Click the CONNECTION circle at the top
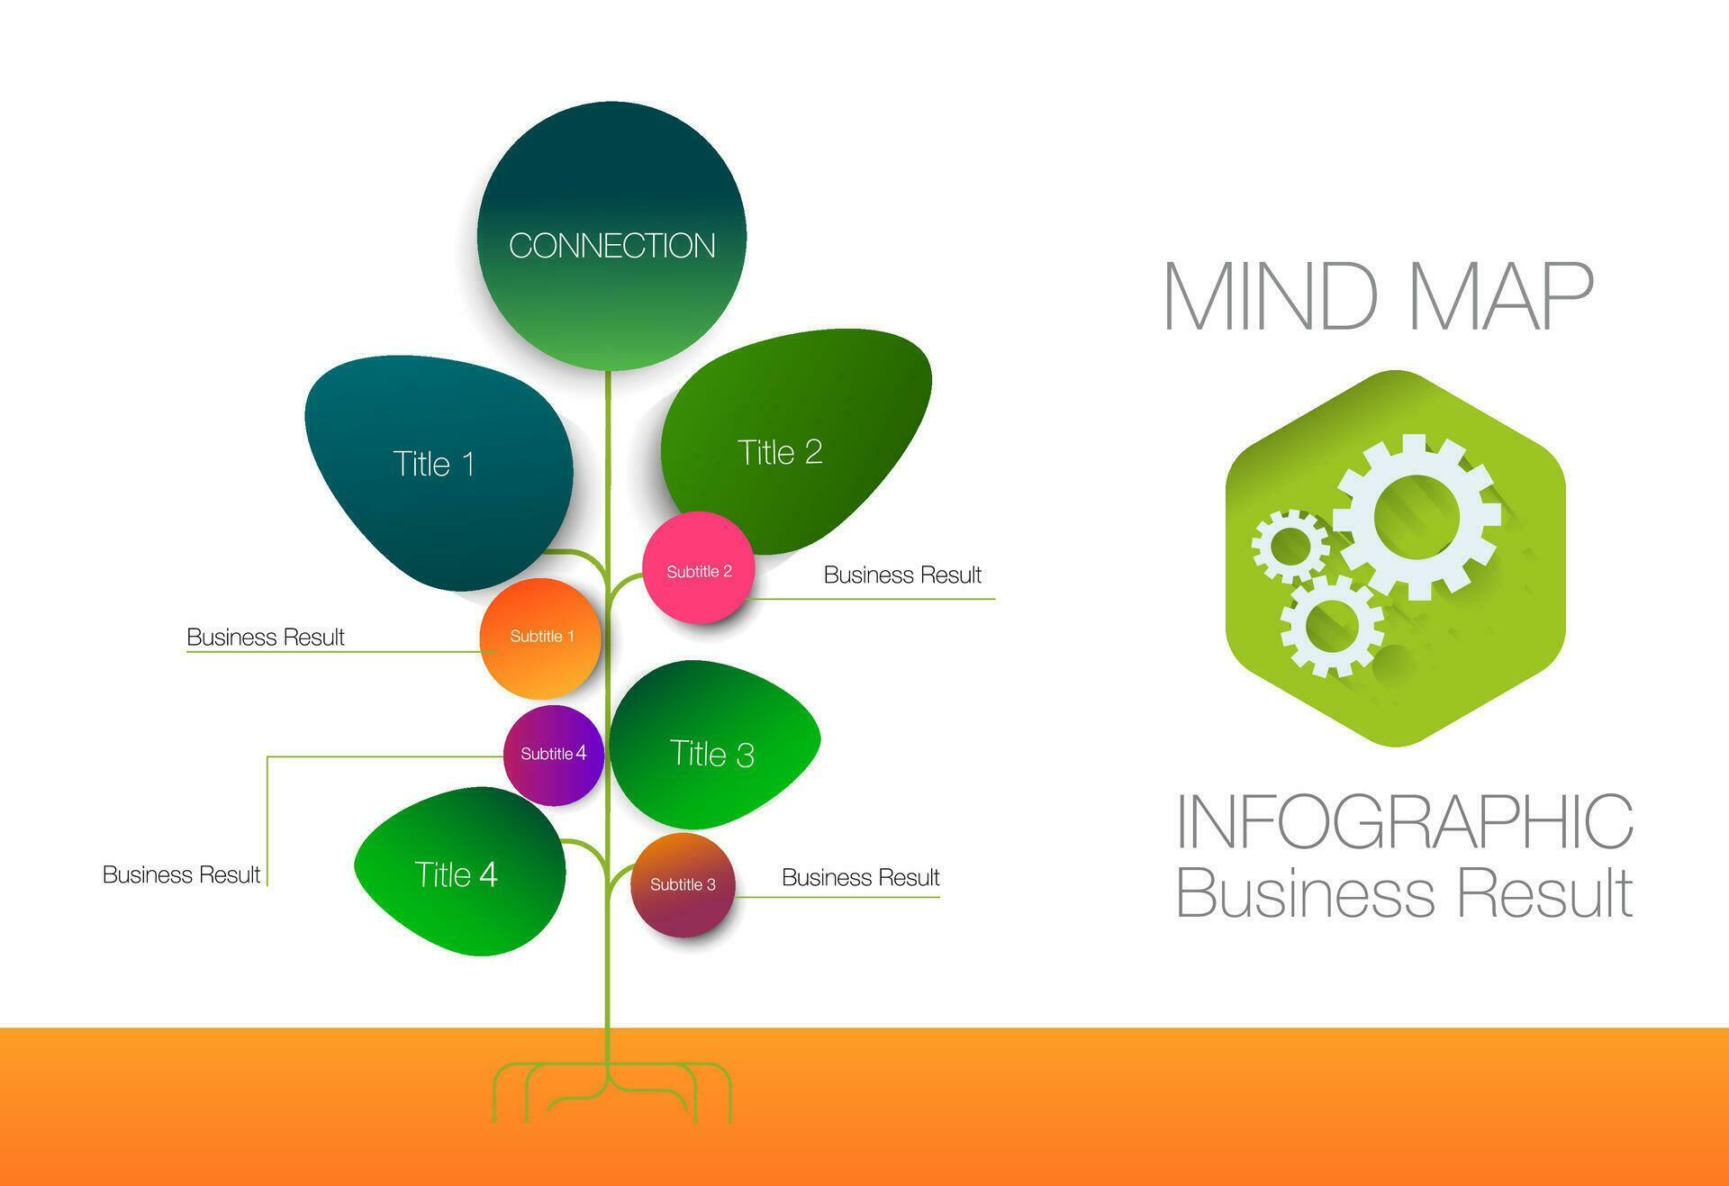tap(611, 236)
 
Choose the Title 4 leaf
tap(457, 874)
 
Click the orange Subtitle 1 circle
tap(540, 638)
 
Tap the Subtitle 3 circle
tap(683, 884)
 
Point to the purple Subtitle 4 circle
tap(553, 755)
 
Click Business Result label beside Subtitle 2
tap(902, 575)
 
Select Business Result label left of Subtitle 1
tap(266, 637)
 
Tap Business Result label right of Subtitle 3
tap(860, 877)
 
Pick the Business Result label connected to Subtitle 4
tap(181, 874)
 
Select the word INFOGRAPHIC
tap(1405, 821)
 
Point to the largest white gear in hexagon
tap(1417, 517)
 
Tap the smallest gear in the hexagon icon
tap(1290, 545)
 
